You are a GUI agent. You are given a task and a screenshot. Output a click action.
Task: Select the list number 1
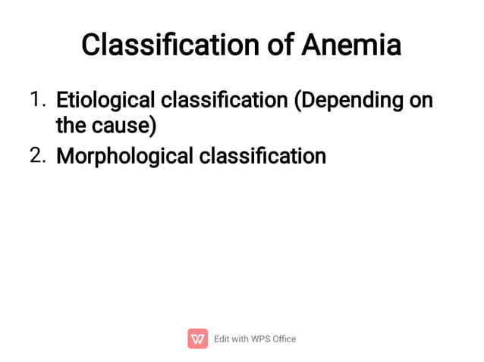(x=37, y=99)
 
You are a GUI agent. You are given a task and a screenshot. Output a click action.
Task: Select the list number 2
(x=37, y=156)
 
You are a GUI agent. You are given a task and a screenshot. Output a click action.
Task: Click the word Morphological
(x=124, y=156)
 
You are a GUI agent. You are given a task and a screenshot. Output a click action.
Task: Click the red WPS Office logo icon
(x=197, y=339)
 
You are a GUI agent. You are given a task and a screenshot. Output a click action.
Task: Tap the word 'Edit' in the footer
(x=222, y=339)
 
